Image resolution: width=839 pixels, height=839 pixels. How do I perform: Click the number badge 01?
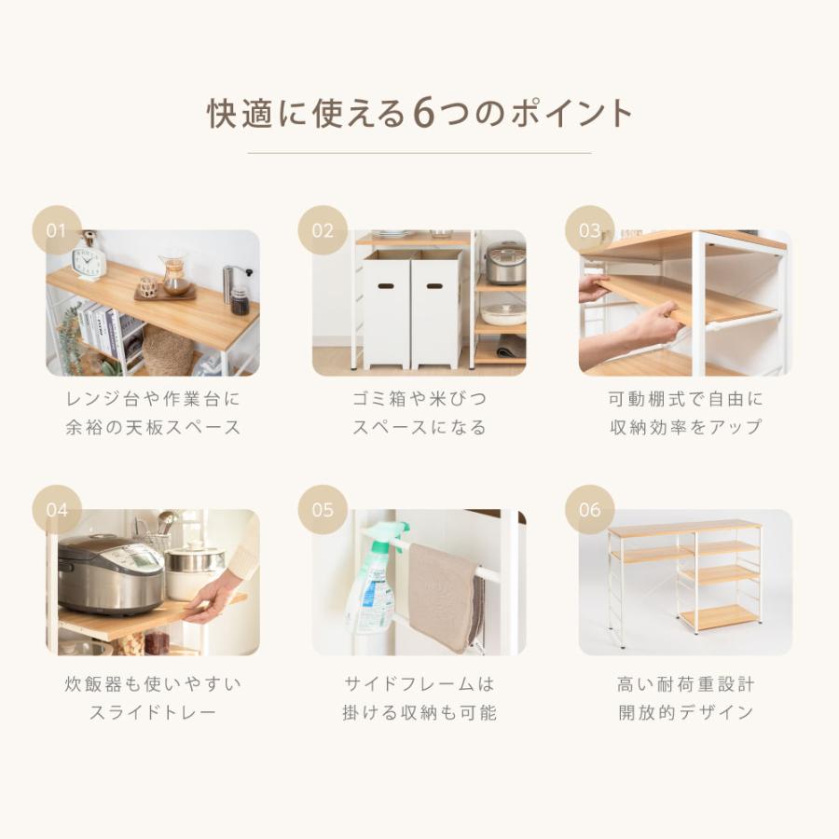57,229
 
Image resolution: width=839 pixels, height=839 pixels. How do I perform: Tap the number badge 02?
323,229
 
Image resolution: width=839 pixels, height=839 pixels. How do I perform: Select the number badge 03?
590,229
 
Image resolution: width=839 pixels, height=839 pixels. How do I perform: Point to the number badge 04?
57,509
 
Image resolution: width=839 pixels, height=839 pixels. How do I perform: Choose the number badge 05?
323,509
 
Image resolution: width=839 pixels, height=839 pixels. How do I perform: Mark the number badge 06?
590,509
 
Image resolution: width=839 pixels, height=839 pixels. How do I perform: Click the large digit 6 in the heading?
424,114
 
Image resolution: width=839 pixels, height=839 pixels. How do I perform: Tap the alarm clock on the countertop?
89,261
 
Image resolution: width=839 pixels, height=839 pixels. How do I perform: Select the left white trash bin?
387,308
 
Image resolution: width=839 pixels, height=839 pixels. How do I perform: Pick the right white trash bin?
435,308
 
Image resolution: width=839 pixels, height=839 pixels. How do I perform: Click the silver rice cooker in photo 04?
110,573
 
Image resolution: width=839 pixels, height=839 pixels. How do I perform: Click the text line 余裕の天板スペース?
153,428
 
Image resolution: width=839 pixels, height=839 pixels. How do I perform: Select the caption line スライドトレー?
153,713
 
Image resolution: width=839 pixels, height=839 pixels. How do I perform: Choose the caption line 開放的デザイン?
685,713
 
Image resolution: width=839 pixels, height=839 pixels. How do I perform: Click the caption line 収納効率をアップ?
685,428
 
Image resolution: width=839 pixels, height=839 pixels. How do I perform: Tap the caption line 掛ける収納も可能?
419,713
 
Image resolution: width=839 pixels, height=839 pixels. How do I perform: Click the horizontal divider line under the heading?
419,153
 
